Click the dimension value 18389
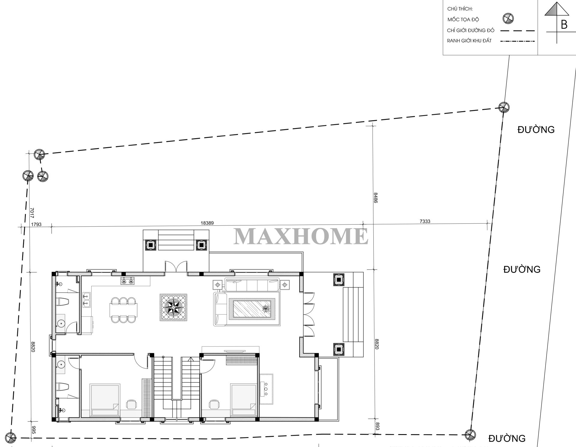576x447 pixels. tap(207, 223)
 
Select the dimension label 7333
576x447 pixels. tap(425, 221)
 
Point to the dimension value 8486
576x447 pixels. tap(375, 198)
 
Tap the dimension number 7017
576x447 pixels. tap(32, 213)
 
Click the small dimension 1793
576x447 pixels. tap(36, 224)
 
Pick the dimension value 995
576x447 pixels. tap(33, 431)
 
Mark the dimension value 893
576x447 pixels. tap(378, 426)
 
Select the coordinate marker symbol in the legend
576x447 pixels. tap(508, 19)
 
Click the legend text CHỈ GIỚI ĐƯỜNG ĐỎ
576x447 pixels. tap(470, 31)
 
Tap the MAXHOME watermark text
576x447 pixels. tap(301, 236)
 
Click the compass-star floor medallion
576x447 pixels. tap(173, 308)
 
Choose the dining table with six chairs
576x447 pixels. tap(124, 310)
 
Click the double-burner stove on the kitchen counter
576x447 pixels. tap(128, 281)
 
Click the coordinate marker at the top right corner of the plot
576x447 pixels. tap(504, 107)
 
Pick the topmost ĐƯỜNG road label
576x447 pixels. tap(536, 130)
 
